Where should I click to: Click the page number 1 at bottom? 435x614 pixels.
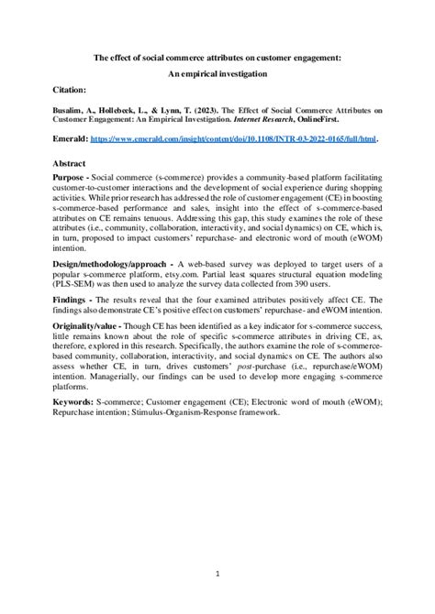[217, 573]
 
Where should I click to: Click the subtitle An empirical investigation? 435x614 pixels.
[217, 73]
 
